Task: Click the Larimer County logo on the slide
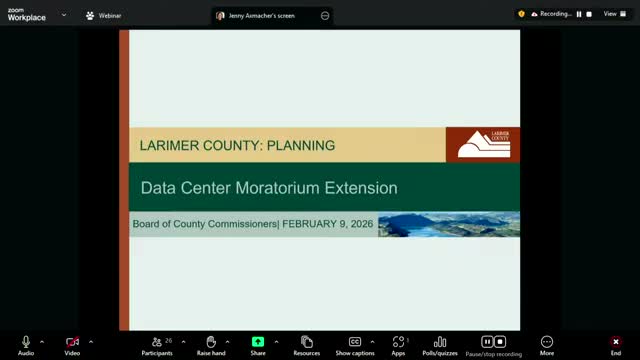pos(483,144)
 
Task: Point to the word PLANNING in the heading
pos(301,145)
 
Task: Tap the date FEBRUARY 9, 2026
pos(328,224)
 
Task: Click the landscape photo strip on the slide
pos(448,224)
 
